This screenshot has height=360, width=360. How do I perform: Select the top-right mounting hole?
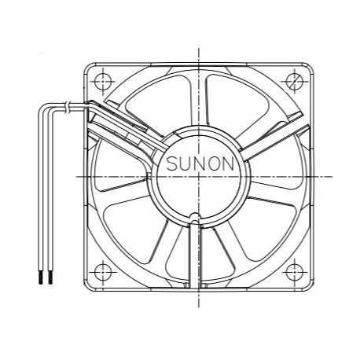(x=296, y=80)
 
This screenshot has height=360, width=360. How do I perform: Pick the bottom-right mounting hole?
(x=296, y=272)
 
